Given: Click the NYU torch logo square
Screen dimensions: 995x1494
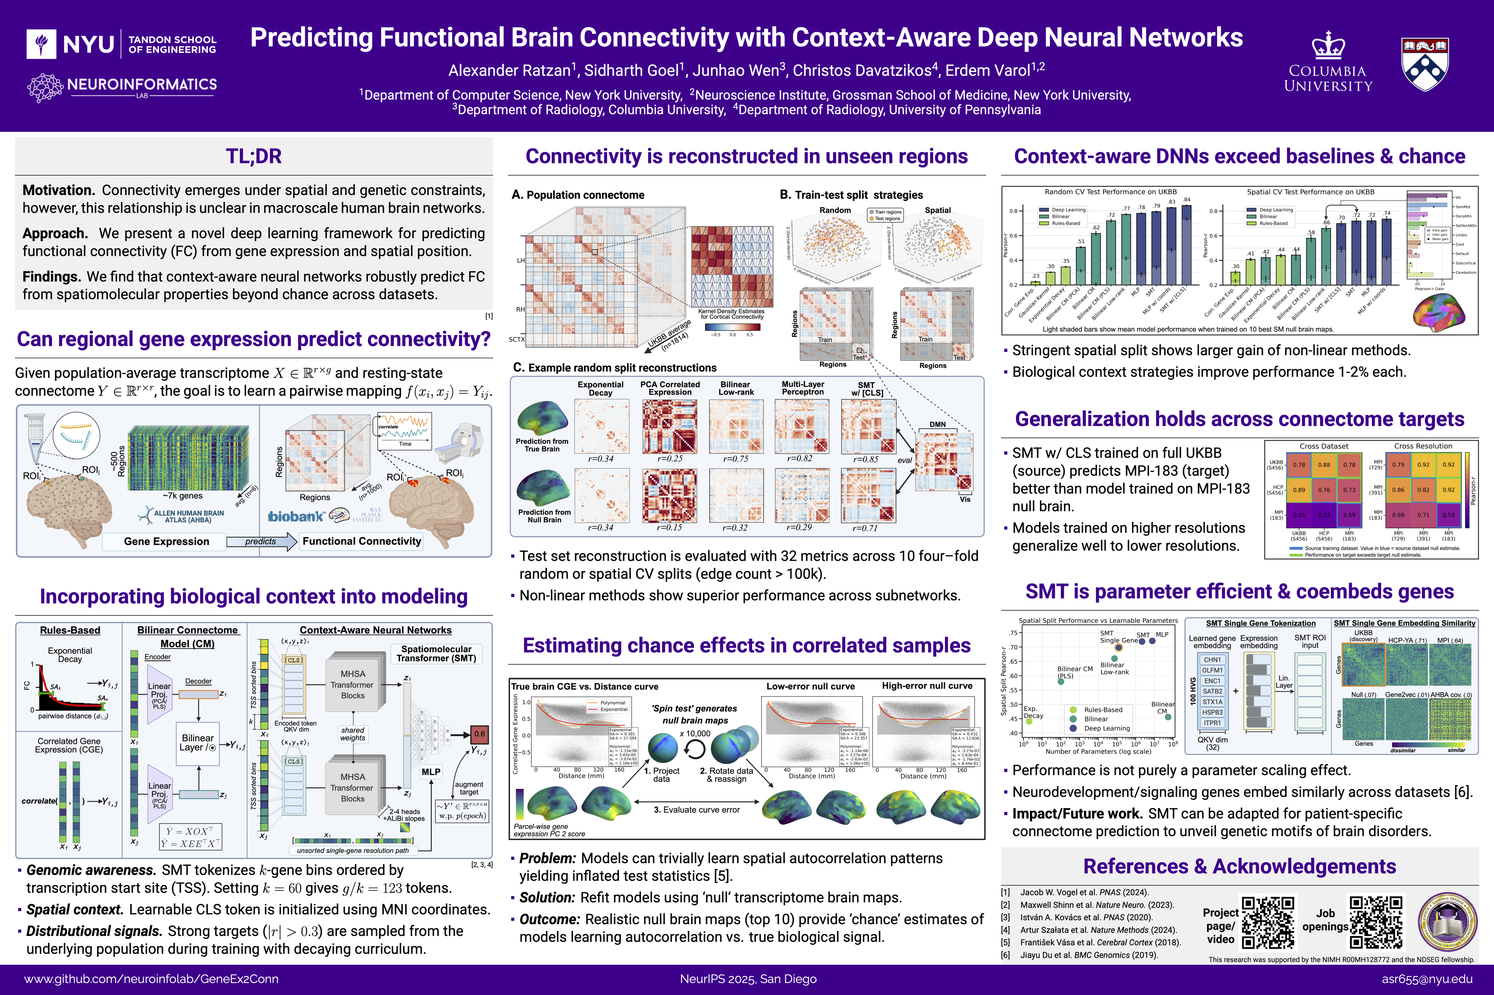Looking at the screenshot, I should point(42,44).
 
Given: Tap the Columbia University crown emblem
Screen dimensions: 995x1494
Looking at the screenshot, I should point(1328,45).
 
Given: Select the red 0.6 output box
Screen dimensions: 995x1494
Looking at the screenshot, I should point(479,734).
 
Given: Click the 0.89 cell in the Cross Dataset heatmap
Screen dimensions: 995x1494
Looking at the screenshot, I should point(1299,490).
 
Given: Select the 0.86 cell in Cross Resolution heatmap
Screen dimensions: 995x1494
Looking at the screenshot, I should point(1398,490).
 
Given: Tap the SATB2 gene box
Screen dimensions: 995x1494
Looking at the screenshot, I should point(1212,691).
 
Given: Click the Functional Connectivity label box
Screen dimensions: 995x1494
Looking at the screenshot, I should point(361,541).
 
